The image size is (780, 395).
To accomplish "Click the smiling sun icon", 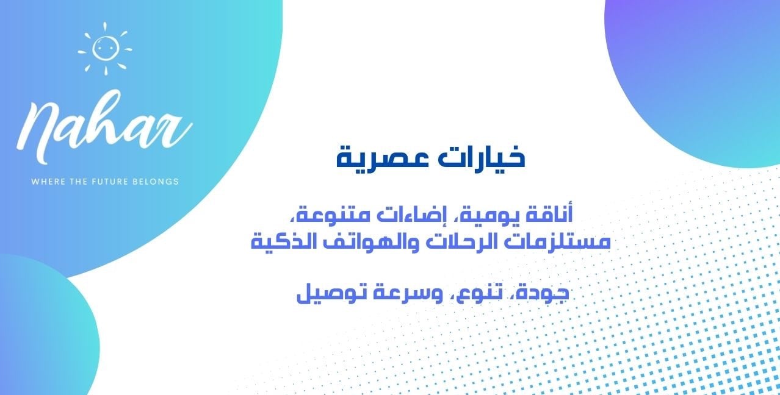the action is tap(105, 49).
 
